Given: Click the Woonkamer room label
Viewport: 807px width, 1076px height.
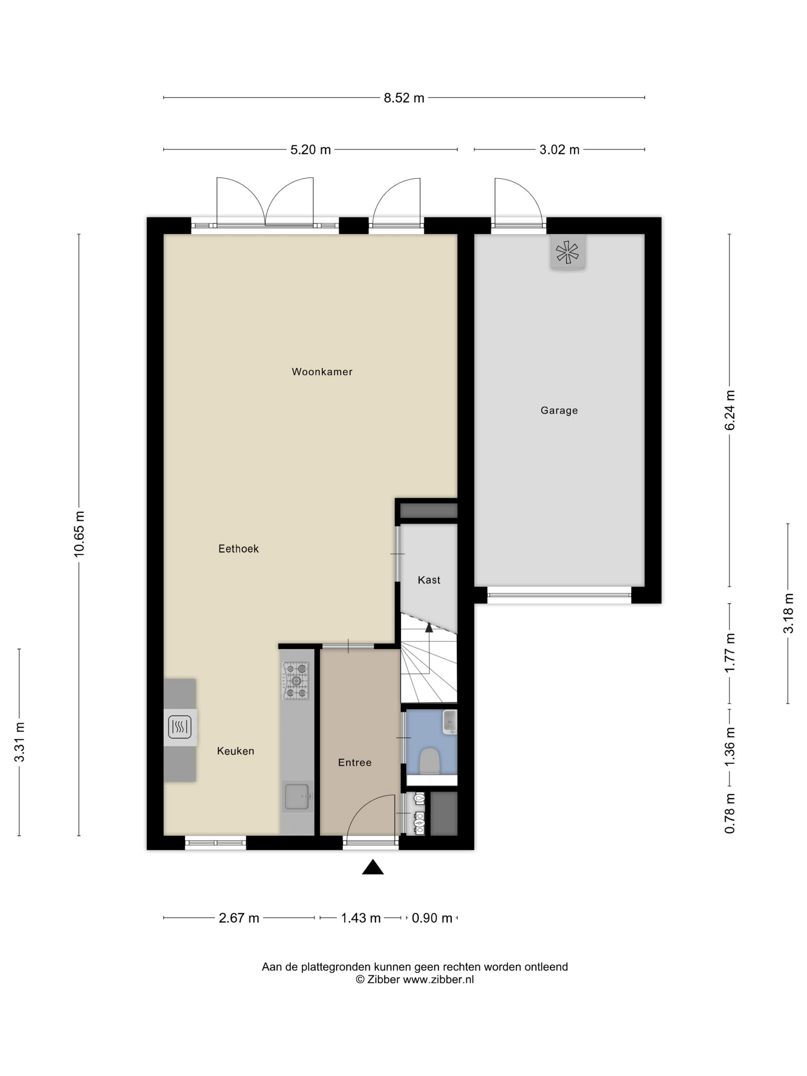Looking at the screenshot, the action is [322, 372].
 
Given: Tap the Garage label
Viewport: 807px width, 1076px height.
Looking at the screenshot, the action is [559, 410].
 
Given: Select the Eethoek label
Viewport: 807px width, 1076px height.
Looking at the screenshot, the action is [238, 549].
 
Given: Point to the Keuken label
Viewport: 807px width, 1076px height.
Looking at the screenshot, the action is [236, 751].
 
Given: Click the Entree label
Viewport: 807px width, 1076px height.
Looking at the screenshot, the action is [355, 763].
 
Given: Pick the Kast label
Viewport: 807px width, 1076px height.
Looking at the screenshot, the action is [429, 580].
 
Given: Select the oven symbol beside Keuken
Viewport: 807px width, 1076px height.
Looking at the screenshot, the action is [180, 727].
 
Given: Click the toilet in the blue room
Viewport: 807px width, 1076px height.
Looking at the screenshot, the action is [430, 761].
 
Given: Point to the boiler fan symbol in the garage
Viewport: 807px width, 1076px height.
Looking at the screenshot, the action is [567, 252].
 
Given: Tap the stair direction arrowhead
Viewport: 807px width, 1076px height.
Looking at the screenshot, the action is [428, 628].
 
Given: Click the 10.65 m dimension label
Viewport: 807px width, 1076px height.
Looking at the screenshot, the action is [79, 534].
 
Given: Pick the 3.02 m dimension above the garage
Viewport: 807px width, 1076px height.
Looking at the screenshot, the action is [560, 150].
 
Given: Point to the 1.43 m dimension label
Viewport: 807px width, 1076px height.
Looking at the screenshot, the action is [360, 918].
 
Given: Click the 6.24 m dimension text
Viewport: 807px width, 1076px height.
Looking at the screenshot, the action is [730, 410].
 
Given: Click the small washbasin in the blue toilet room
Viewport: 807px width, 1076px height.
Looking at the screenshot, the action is [450, 722].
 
